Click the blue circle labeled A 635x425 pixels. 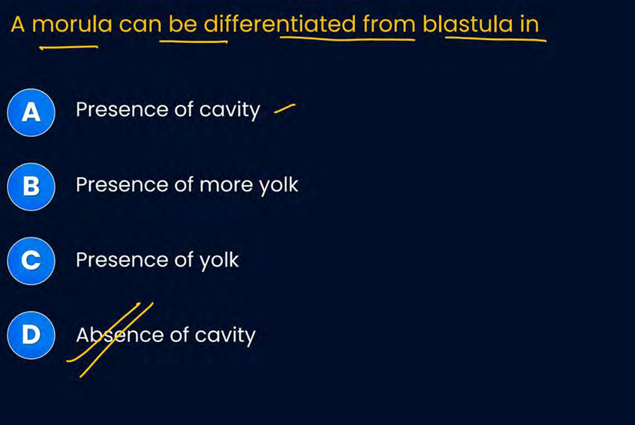[x=32, y=112]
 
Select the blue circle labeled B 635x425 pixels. [x=32, y=187]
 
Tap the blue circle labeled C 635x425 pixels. [x=32, y=261]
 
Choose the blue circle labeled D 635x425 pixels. [x=32, y=335]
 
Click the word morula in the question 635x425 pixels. [x=72, y=25]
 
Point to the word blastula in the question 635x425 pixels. [x=467, y=25]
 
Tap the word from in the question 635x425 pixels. [x=389, y=25]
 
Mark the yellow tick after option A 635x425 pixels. [x=284, y=108]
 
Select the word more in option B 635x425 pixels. [x=226, y=185]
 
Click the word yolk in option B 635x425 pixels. [x=278, y=185]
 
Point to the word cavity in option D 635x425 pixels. [x=225, y=336]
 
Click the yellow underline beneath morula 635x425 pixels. [x=68, y=48]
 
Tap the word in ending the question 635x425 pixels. [x=530, y=25]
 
